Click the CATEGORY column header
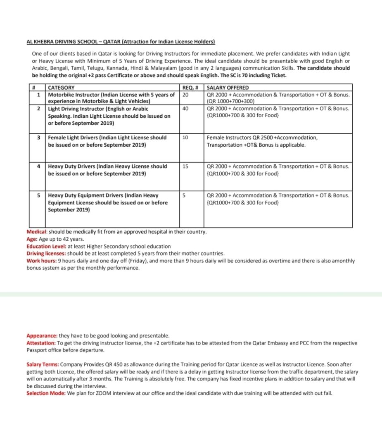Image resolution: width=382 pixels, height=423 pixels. coord(62,88)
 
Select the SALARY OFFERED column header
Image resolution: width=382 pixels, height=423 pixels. coord(228,88)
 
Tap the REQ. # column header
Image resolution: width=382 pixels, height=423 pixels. coord(191,88)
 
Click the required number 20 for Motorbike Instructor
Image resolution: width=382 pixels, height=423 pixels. coord(185,95)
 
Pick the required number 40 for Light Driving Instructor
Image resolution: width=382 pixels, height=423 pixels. coord(185,109)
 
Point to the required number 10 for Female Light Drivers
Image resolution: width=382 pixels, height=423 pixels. coord(185,138)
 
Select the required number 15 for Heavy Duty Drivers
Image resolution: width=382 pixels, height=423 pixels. coord(185,166)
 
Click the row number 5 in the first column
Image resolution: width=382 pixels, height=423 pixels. coord(38,195)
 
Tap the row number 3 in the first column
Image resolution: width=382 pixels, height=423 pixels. coord(38,138)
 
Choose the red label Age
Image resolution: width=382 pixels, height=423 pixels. coord(32,239)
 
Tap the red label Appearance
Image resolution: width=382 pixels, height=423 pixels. coord(42,336)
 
